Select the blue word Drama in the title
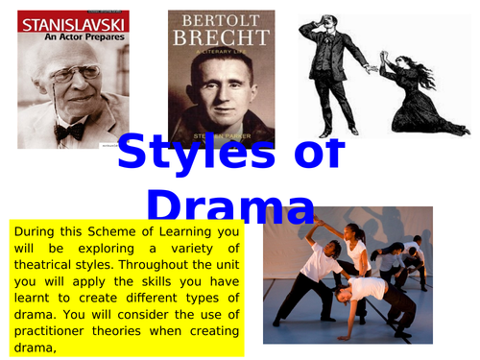click(230, 205)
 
